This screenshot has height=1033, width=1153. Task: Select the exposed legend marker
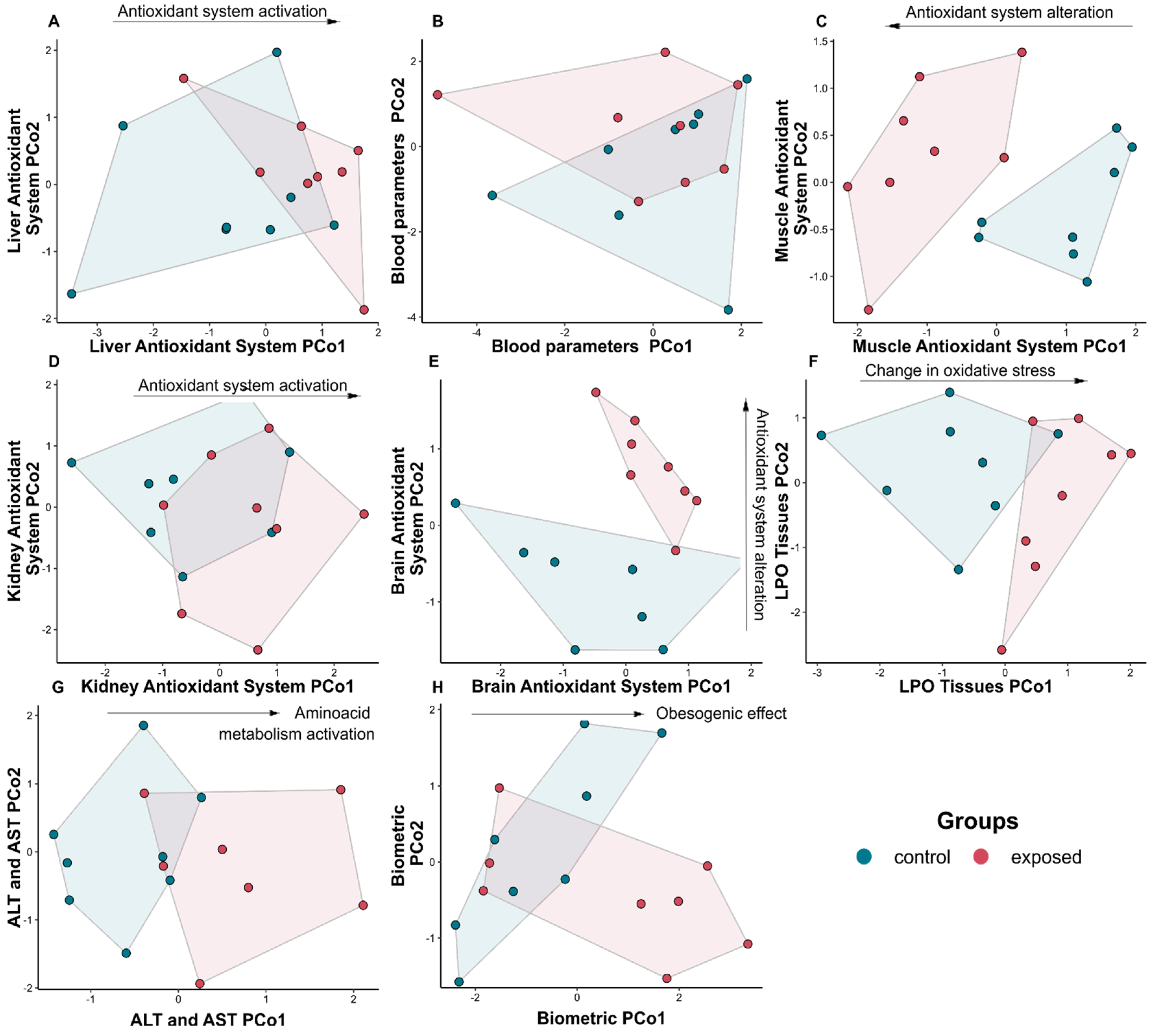[980, 857]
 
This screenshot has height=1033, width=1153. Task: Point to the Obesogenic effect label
[721, 714]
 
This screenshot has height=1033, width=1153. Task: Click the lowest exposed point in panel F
[1002, 650]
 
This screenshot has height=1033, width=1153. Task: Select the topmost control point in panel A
[276, 52]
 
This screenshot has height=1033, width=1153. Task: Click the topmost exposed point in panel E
[595, 392]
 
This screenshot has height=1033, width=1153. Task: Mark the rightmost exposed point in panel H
[748, 944]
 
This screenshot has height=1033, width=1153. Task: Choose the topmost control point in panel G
[144, 725]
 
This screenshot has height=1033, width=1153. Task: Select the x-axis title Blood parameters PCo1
[592, 346]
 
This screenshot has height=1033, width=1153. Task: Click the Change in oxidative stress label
[960, 371]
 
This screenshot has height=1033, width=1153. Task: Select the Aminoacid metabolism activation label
[296, 724]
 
